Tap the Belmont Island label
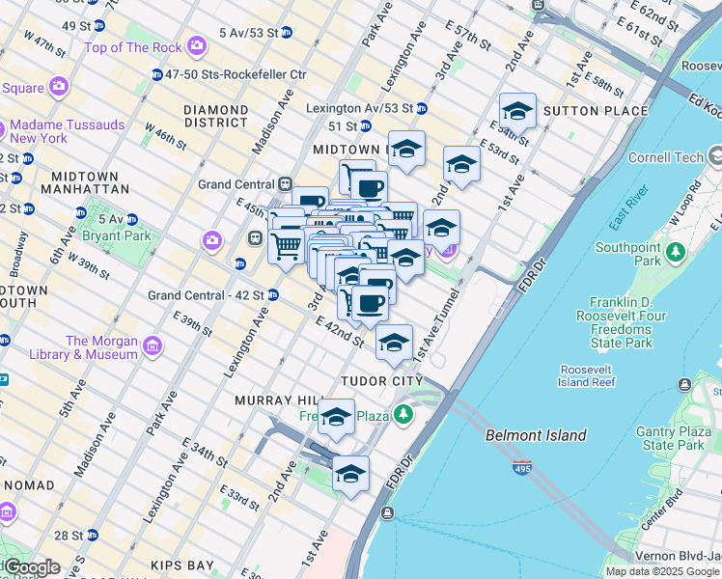coord(536,435)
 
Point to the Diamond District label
coord(216,116)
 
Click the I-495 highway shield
coord(520,469)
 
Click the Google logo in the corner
coord(31,567)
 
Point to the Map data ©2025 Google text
coord(661,571)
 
